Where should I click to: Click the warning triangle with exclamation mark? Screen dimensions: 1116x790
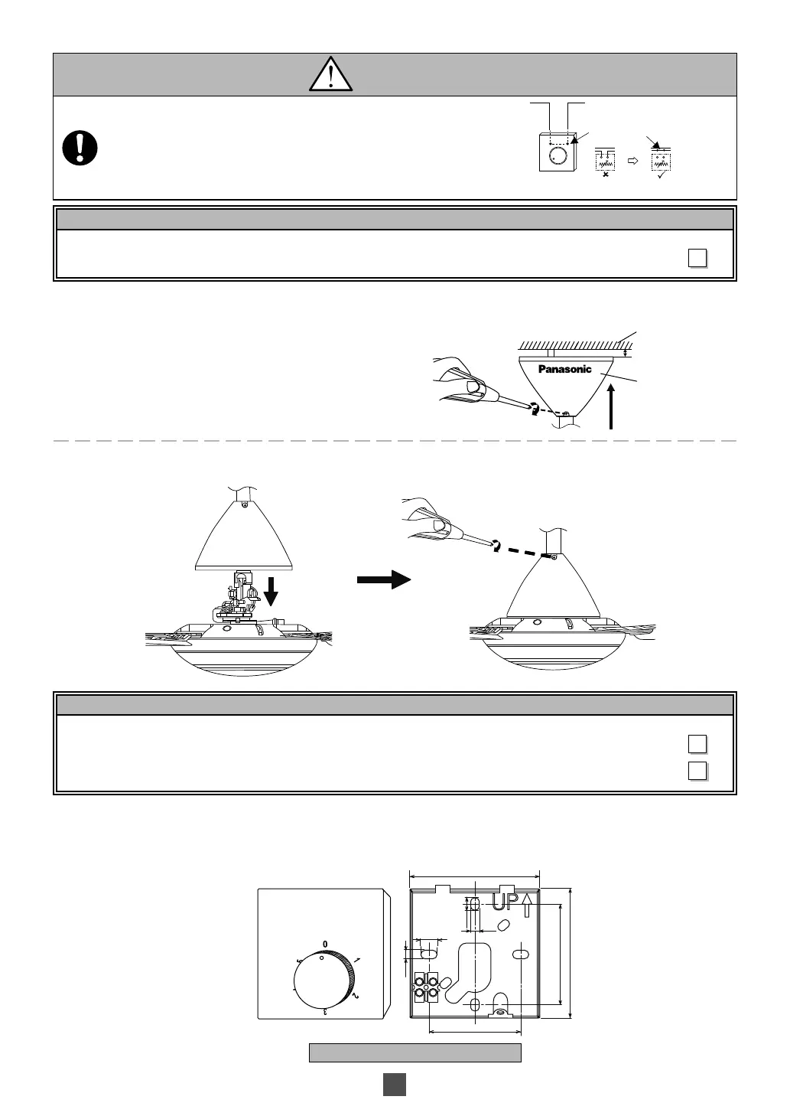[x=330, y=75]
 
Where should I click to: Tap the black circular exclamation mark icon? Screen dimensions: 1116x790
[x=80, y=148]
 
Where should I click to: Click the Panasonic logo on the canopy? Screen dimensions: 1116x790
[x=565, y=369]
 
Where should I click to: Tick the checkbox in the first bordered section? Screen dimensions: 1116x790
[x=697, y=258]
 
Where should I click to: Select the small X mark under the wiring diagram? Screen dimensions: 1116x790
[x=606, y=174]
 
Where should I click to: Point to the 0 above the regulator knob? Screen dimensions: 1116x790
[x=325, y=942]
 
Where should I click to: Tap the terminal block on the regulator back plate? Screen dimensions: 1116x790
[x=425, y=987]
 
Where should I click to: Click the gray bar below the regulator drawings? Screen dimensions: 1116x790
[x=415, y=1052]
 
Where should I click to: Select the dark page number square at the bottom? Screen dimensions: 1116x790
[x=394, y=1084]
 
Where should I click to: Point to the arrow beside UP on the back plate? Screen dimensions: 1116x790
[x=528, y=904]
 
